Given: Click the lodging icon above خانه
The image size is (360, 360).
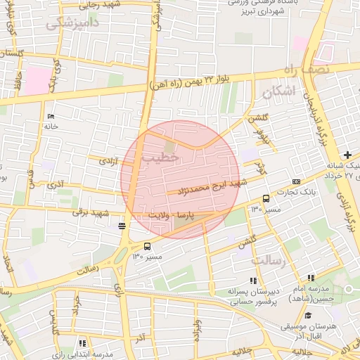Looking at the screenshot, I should click(49, 116).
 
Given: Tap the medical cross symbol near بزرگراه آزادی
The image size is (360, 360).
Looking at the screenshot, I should click(347, 155).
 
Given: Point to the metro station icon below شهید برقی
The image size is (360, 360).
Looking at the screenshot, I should click(123, 226).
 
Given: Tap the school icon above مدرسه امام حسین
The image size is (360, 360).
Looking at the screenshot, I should click(311, 278).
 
